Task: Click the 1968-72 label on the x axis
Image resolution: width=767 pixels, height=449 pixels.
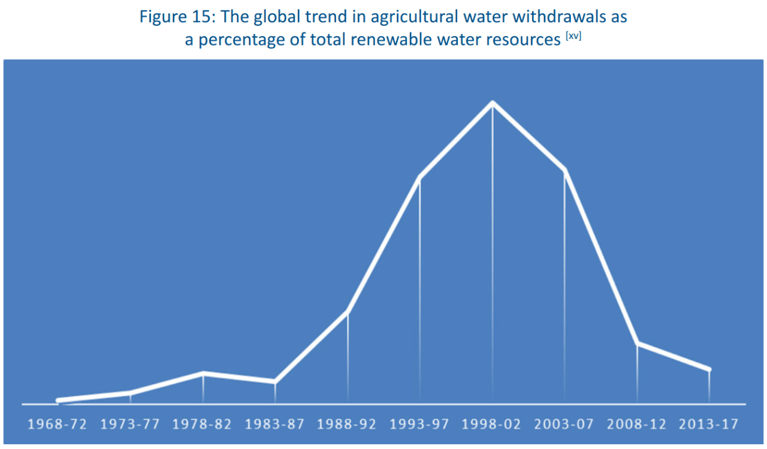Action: coord(58,424)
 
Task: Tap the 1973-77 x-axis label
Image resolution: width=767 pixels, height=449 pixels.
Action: coord(130,424)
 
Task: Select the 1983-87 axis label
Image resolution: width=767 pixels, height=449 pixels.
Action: coord(275,424)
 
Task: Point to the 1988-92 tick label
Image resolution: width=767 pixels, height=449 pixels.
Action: coord(347,424)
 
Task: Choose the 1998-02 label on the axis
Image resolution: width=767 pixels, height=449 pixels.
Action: coord(492,424)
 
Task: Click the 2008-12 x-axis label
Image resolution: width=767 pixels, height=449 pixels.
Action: coord(636,424)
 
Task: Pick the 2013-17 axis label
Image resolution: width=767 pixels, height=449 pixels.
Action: coord(709,424)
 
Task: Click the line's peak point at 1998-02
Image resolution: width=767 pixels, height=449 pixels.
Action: coord(493,103)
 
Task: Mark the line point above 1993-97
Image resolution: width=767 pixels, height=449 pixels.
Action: coord(419,178)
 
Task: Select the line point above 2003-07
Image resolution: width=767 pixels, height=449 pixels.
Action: coord(564,170)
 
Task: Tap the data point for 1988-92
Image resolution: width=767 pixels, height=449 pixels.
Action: coord(348,312)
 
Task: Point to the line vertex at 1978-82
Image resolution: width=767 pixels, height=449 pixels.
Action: coord(203,373)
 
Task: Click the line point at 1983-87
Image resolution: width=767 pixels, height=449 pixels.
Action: coord(275,381)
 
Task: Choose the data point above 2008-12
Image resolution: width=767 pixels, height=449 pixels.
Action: coord(637,343)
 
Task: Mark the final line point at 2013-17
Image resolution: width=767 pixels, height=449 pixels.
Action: coord(709,369)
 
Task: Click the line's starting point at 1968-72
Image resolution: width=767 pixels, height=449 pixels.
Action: coord(58,400)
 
